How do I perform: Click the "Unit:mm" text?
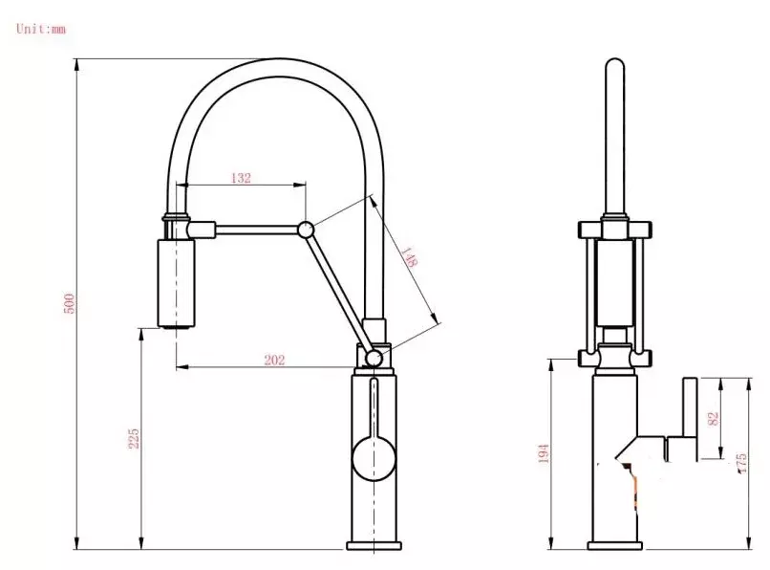(x=41, y=29)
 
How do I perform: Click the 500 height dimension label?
(x=69, y=303)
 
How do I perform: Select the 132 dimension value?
(x=241, y=178)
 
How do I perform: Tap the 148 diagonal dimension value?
(x=409, y=256)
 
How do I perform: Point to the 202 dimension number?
(x=274, y=360)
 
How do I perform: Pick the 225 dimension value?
(x=134, y=438)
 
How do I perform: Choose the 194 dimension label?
(x=544, y=453)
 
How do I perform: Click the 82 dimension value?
(x=713, y=419)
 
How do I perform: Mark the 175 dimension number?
(x=741, y=463)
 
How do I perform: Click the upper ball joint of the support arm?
(x=306, y=230)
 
